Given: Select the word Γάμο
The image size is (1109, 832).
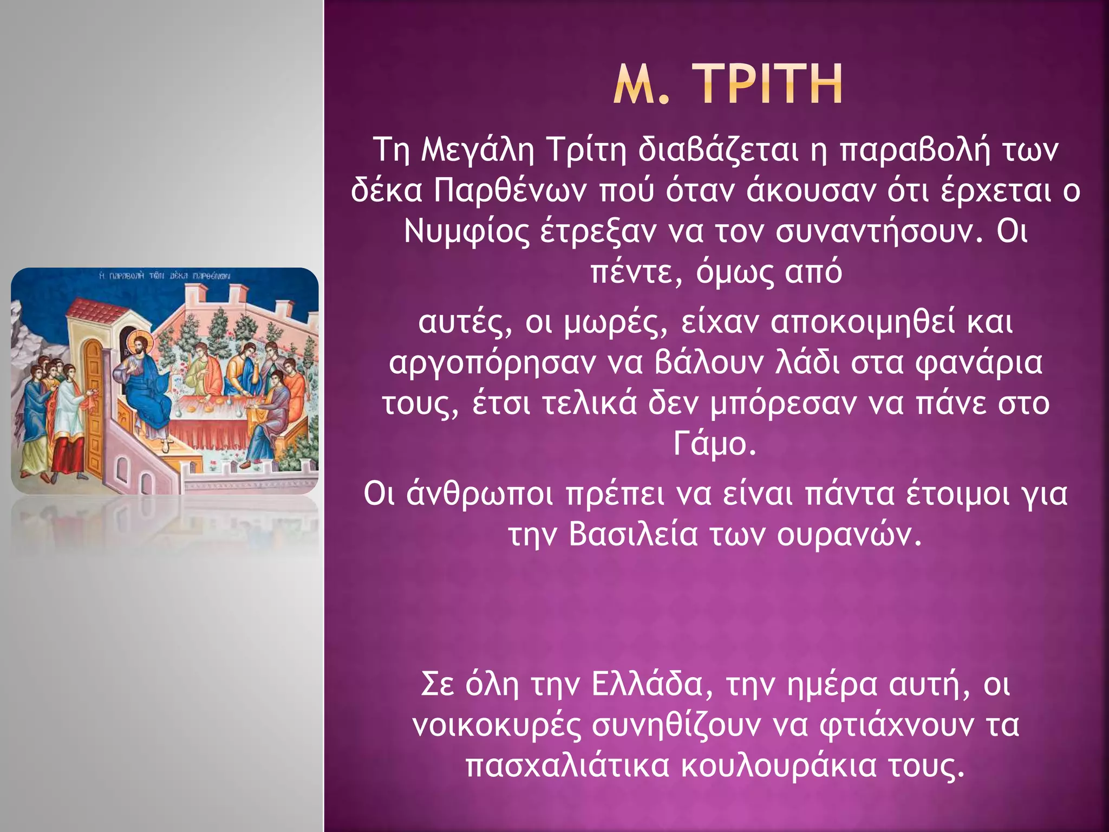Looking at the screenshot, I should [714, 444].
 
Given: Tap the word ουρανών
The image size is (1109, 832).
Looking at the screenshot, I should [848, 535].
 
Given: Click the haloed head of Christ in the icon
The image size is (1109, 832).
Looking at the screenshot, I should [140, 344].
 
